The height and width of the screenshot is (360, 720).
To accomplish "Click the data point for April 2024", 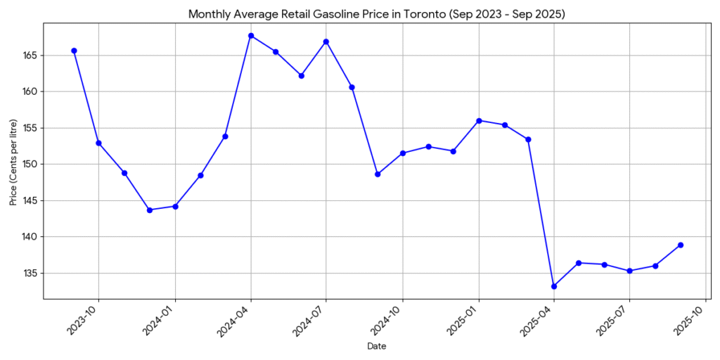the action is click(251, 36).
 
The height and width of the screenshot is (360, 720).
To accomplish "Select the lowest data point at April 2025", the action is click(554, 286).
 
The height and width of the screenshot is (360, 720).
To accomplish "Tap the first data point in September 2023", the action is click(74, 51).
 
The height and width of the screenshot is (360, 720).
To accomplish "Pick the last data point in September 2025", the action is click(681, 245).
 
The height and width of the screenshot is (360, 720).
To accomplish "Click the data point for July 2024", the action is click(326, 41).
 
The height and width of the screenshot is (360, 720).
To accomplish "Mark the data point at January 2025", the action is click(479, 120).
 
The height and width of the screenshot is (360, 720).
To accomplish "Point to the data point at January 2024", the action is click(175, 206).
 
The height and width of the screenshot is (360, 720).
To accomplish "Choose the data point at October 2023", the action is click(98, 143).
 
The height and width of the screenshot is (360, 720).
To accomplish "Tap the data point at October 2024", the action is click(403, 153).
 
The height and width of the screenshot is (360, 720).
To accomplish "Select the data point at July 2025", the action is click(629, 271).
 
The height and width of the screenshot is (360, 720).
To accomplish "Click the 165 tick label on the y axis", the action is click(31, 56).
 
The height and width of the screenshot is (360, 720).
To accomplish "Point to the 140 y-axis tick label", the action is click(31, 237).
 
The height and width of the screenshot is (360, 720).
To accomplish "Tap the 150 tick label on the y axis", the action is click(31, 165).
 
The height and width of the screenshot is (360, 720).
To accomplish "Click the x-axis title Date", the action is click(377, 347).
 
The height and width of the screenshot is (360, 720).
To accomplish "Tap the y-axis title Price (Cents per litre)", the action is click(14, 162).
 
